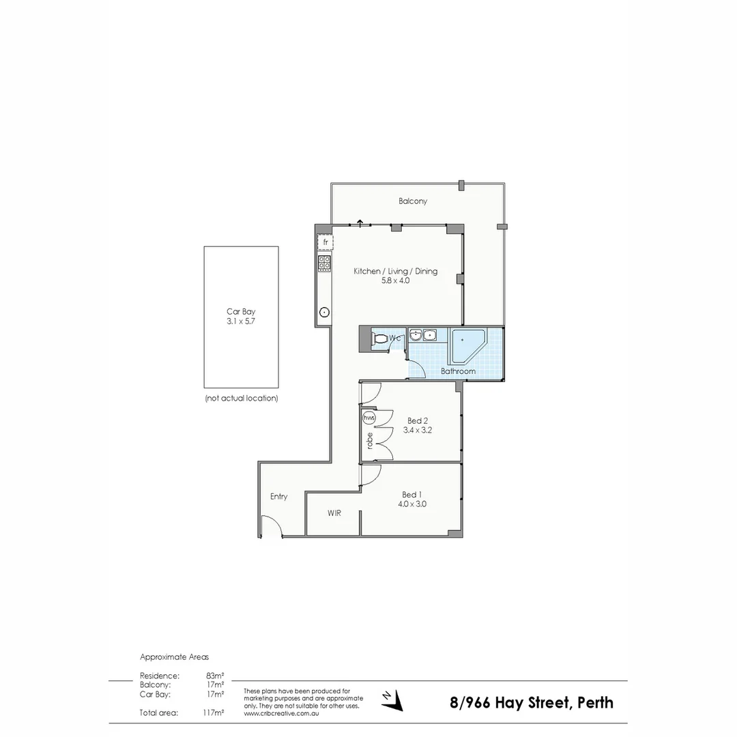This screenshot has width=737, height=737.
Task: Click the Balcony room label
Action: (x=413, y=201)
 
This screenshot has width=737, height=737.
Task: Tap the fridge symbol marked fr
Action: (x=326, y=242)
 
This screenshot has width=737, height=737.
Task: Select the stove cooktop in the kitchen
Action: (x=325, y=263)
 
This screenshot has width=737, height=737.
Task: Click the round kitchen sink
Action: (x=325, y=313)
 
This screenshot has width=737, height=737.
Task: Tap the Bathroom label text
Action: (x=458, y=371)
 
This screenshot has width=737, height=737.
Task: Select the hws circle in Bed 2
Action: (x=369, y=417)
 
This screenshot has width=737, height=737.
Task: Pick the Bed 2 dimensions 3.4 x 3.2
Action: (x=418, y=431)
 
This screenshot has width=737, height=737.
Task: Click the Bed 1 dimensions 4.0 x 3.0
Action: (x=413, y=504)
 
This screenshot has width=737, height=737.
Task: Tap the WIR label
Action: (x=334, y=513)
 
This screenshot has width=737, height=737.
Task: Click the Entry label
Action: (x=278, y=497)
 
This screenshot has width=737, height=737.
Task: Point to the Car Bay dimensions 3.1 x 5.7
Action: (x=241, y=319)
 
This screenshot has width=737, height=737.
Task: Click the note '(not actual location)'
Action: (x=241, y=398)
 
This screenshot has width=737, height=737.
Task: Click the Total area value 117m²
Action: (x=214, y=713)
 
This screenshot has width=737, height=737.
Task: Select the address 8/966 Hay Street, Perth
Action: (x=531, y=703)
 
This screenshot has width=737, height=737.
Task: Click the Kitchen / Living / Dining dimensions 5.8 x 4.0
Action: (x=395, y=280)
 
